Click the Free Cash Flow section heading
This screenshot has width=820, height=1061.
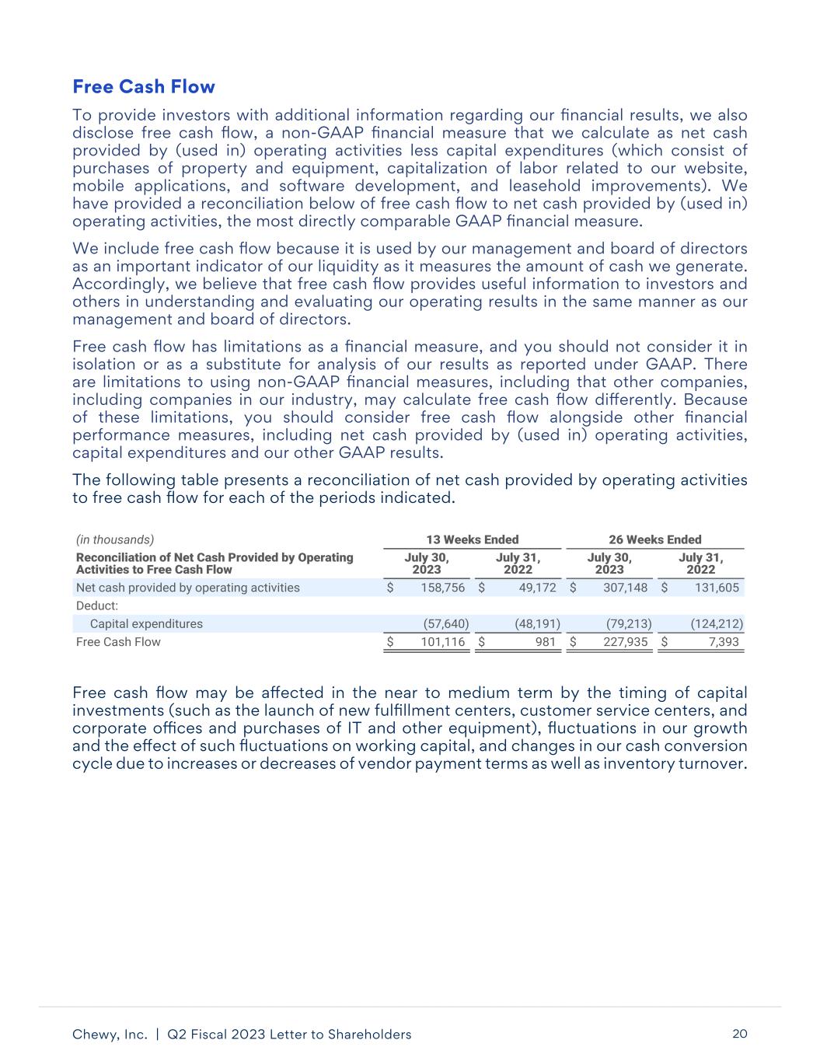[x=143, y=86]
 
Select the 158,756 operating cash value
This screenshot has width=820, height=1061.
[x=443, y=588]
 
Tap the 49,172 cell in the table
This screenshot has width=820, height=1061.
[x=536, y=588]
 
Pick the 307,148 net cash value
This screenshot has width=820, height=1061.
[x=626, y=588]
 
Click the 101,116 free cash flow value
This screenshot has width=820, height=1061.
[x=443, y=642]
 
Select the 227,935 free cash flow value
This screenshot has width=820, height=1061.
[x=626, y=642]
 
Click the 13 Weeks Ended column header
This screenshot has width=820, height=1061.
[x=473, y=539]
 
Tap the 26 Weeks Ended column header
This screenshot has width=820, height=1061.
[x=655, y=539]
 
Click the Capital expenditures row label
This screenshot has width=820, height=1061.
[x=146, y=623]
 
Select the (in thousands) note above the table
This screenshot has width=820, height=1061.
[x=115, y=539]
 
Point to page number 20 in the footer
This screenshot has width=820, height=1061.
[x=740, y=1034]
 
